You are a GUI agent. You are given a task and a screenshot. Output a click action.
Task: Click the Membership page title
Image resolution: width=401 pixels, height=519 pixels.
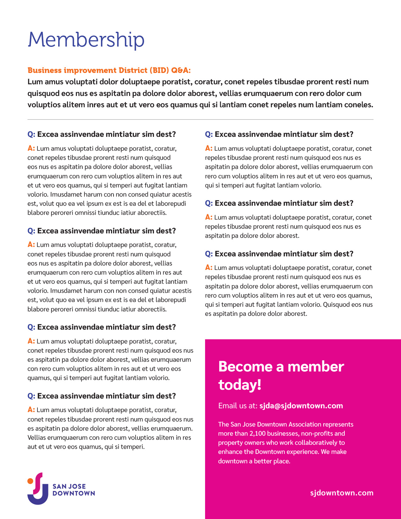click(x=86, y=40)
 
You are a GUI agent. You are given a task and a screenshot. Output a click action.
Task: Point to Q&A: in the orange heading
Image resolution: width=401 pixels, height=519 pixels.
click(x=181, y=70)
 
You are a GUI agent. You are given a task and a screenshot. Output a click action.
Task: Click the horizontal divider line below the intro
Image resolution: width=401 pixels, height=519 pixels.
click(x=200, y=120)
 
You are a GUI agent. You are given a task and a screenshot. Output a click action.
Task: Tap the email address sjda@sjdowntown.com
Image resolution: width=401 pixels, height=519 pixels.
click(x=301, y=406)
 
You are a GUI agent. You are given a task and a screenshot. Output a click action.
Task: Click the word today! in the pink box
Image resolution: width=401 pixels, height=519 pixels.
click(x=240, y=385)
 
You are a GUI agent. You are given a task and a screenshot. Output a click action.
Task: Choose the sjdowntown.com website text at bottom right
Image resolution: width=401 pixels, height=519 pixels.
click(x=342, y=493)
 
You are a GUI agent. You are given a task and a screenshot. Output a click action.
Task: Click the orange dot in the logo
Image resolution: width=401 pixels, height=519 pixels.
click(x=30, y=481)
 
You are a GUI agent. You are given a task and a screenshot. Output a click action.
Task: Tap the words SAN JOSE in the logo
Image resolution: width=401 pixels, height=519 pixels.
click(x=69, y=486)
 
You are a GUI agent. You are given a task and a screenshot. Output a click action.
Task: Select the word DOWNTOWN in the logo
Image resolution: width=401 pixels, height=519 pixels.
click(x=74, y=493)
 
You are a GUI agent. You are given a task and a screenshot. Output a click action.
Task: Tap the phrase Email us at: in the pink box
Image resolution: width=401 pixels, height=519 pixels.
click(x=238, y=406)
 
